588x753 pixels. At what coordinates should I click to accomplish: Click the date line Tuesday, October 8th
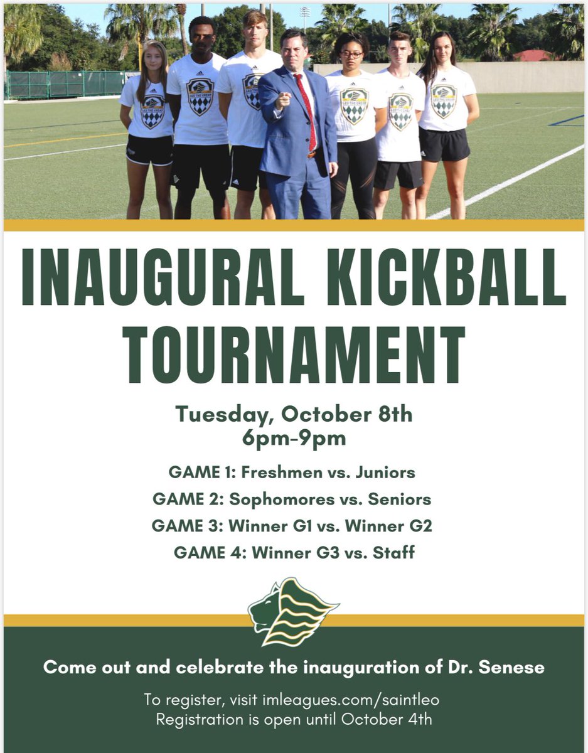294,415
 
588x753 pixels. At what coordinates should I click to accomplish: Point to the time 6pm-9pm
294,437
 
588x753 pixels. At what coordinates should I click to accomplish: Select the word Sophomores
282,499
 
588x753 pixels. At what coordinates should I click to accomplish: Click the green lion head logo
292,611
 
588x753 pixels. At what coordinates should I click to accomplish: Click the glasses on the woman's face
350,55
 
